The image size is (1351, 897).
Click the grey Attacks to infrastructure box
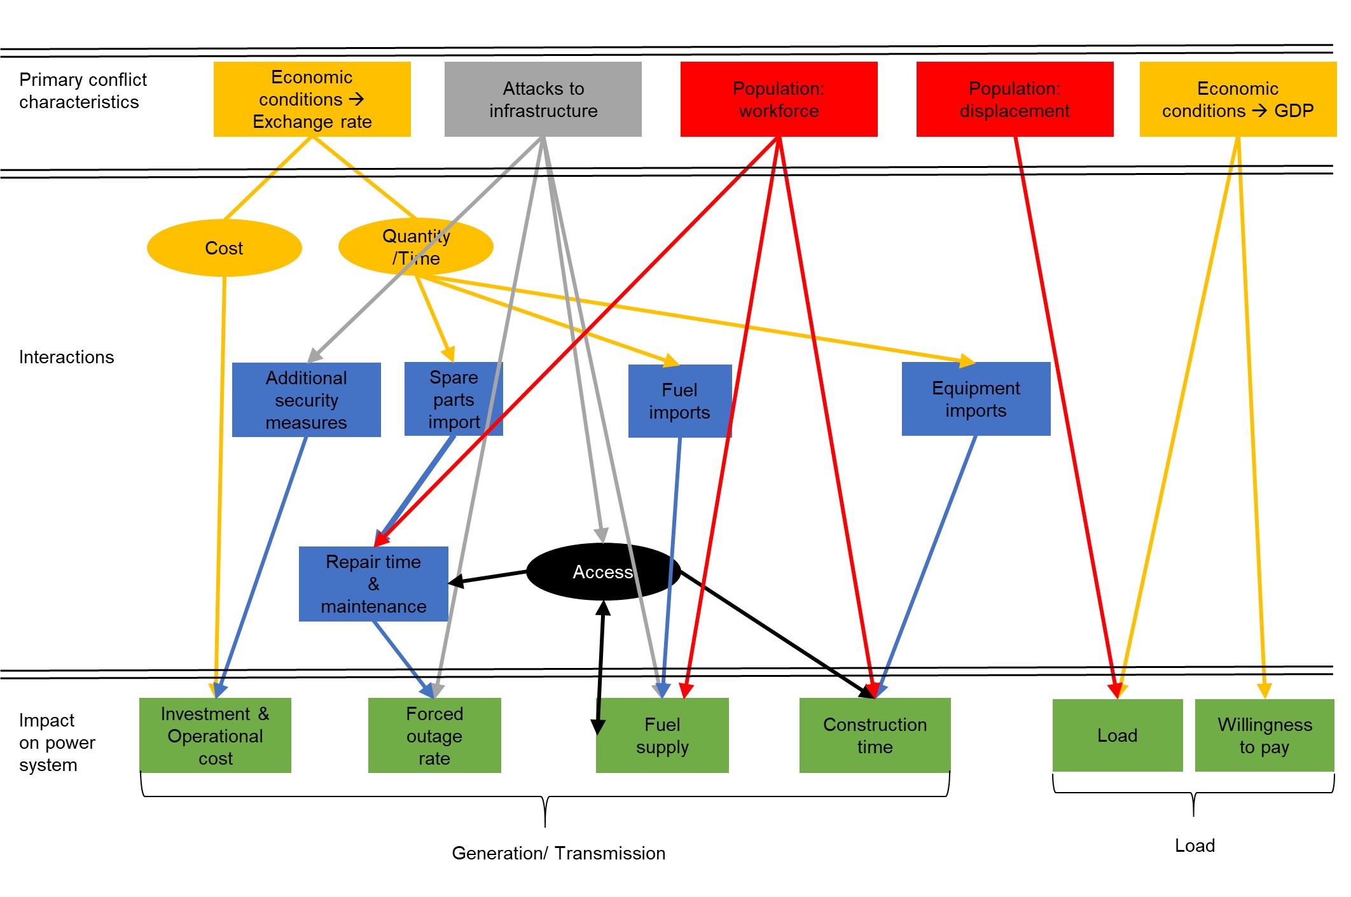pos(543,99)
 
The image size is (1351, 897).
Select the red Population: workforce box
pos(779,99)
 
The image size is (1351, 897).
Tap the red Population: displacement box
pos(1015,99)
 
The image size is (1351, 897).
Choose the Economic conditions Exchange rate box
pos(312,99)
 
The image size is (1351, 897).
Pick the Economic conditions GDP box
pos(1237,99)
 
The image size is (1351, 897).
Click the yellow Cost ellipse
pos(224,248)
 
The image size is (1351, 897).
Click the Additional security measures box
pos(306,400)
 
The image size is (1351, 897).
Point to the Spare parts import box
pos(453,400)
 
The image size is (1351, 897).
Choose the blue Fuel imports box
pos(679,401)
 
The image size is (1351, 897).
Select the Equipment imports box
pos(976,399)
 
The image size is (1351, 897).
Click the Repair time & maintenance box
pos(373,584)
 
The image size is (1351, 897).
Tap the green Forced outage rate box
pos(434,735)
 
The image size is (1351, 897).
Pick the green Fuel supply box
pos(662,735)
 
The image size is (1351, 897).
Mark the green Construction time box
pos(875,735)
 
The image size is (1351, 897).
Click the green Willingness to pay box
pos(1264,735)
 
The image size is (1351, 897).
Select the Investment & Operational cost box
pos(215,735)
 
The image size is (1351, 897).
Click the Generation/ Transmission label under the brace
pos(558,853)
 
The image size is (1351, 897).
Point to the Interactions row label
pos(66,357)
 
